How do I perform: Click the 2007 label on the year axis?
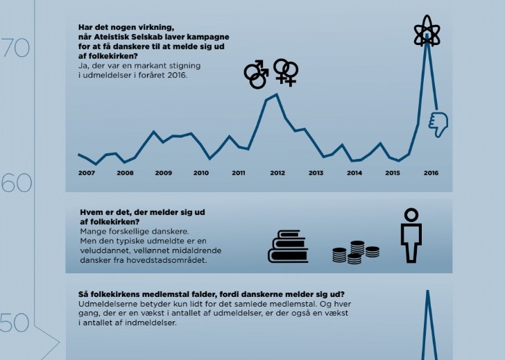[87, 173]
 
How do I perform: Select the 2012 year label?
[277, 173]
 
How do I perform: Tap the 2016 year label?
[430, 173]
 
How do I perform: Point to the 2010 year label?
[201, 173]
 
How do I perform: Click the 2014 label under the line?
[354, 173]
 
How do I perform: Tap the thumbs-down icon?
[438, 123]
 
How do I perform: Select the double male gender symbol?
[257, 74]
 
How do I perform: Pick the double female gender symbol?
[286, 71]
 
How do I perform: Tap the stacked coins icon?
[348, 252]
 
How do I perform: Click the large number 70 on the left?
[15, 48]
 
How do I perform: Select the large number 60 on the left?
[17, 184]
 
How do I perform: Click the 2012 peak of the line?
[277, 94]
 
